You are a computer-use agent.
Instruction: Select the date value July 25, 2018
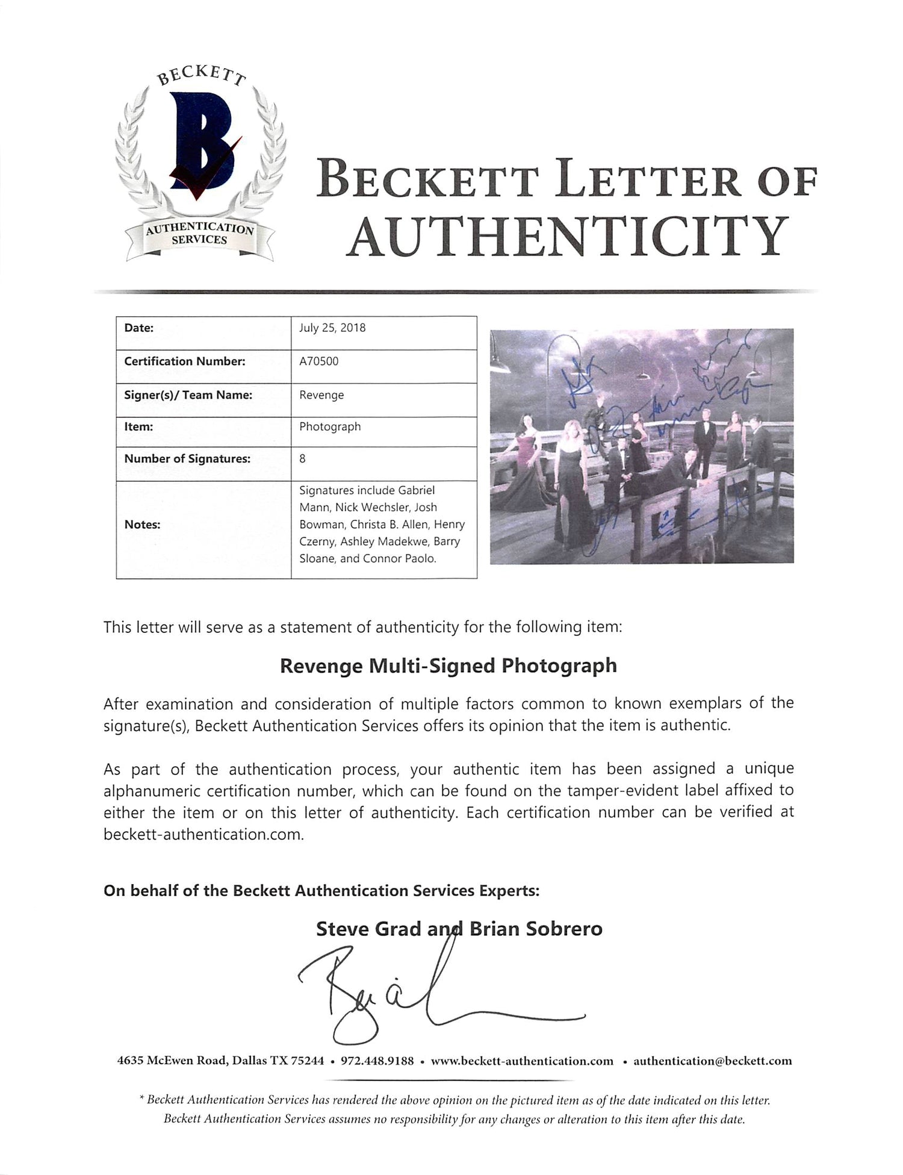tap(332, 328)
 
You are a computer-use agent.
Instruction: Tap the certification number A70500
tap(319, 361)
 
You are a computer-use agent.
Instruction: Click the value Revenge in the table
tap(321, 395)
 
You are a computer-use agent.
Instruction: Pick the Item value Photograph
tap(330, 426)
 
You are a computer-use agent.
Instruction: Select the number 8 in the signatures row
tap(302, 458)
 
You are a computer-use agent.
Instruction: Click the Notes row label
tap(142, 525)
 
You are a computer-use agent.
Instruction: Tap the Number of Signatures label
tap(187, 458)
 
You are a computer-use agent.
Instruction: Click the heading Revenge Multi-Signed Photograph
tap(448, 665)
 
